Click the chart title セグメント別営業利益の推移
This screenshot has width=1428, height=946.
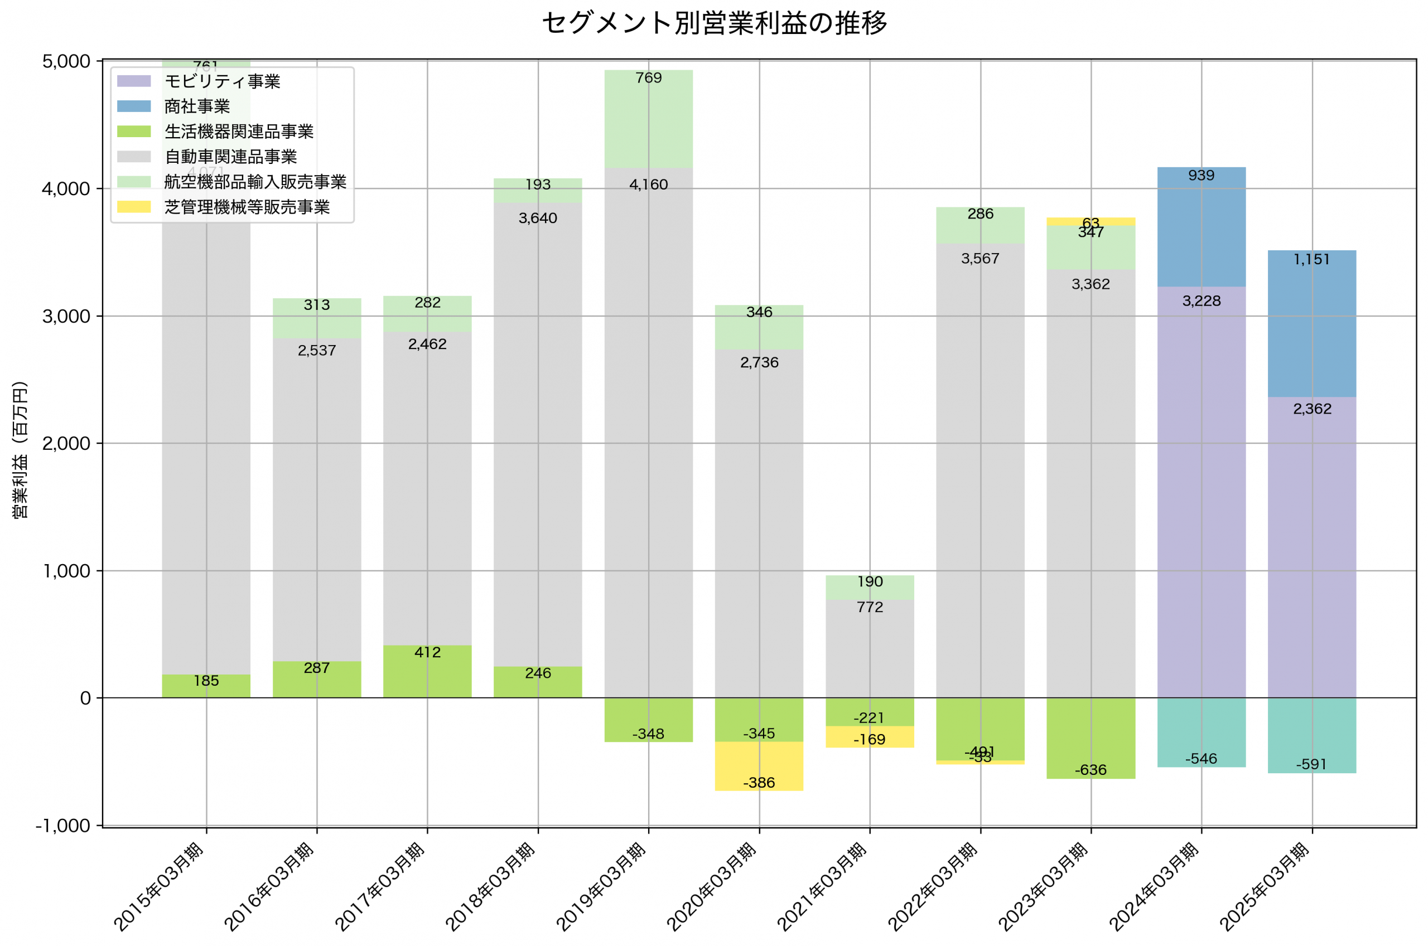[x=714, y=23]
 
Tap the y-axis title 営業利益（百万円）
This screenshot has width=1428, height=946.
[x=20, y=449]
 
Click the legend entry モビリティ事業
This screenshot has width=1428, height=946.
[x=222, y=81]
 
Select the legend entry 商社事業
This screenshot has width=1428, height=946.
[x=197, y=107]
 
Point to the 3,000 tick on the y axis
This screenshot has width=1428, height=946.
[x=66, y=316]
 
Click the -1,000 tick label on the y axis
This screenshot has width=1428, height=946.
[x=63, y=826]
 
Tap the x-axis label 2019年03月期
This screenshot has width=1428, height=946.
[x=601, y=887]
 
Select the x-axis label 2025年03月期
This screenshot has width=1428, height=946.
[x=1264, y=887]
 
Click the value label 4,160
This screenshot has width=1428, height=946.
[x=648, y=185]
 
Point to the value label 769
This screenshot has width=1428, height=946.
[x=648, y=78]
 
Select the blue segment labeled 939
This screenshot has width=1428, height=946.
[x=1201, y=227]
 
